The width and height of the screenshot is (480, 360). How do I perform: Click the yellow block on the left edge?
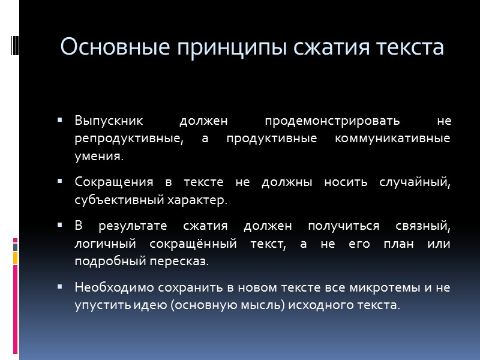pyautogui.click(x=16, y=259)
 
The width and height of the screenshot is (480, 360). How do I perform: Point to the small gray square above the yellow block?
pyautogui.click(x=16, y=245)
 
